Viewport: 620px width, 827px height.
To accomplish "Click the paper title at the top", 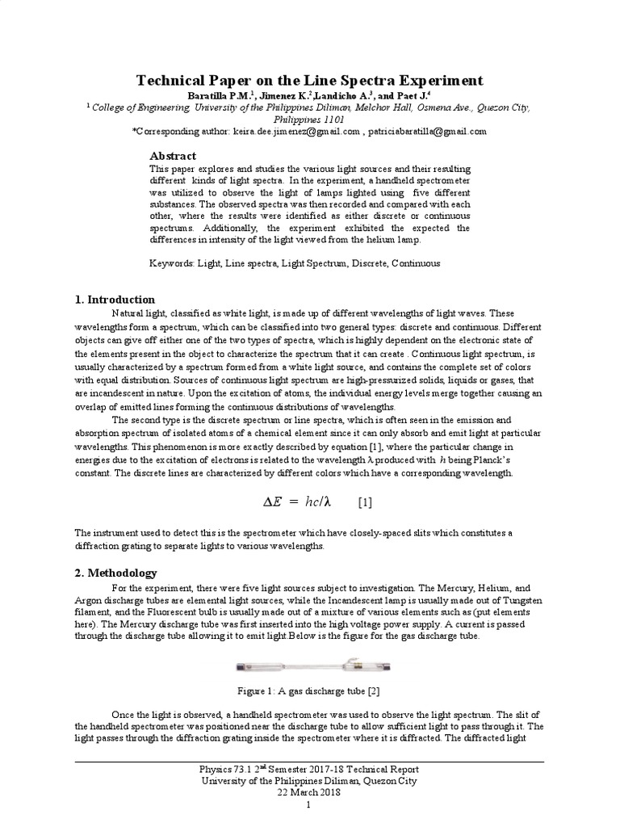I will (x=309, y=80).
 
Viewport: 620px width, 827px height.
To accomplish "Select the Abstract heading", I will (x=173, y=155).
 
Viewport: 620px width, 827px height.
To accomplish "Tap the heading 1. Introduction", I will (x=115, y=300).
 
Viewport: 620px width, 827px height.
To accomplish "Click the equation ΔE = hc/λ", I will (x=298, y=502).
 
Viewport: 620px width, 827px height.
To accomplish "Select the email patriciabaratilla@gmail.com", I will (x=428, y=130).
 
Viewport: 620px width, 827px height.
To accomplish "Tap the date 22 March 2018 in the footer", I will (x=309, y=792).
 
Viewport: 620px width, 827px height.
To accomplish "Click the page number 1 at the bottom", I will (x=309, y=806).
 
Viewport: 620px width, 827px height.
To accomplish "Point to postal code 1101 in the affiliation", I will (x=332, y=117).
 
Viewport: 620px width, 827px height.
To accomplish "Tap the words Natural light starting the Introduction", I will (x=137, y=313).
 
